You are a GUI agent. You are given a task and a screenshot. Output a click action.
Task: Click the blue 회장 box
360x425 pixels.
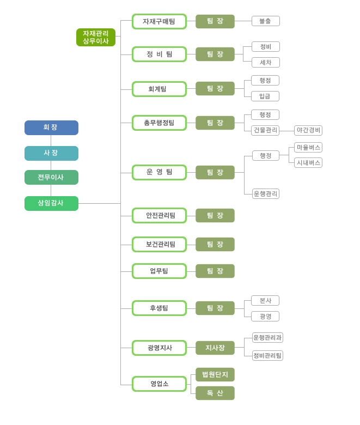pos(51,127)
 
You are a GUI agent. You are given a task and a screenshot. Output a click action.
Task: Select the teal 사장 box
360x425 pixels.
pos(51,153)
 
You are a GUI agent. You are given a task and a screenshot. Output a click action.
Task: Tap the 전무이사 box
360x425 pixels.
pos(51,177)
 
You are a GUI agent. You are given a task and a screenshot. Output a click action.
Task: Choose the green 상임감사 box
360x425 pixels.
pos(51,203)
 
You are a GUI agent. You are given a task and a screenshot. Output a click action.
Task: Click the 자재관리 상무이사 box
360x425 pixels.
pos(96,37)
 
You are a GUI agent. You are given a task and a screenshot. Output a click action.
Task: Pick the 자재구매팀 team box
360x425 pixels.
pos(159,21)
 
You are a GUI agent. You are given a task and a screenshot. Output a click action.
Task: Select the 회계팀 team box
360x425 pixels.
pos(159,89)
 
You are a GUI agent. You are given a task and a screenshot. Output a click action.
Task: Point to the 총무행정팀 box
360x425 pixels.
pos(159,123)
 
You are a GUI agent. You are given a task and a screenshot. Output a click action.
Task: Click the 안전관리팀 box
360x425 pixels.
pos(159,215)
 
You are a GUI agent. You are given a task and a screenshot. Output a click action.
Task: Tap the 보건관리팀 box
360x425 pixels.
pos(159,244)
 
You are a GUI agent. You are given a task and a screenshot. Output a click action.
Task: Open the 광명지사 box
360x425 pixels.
pos(159,348)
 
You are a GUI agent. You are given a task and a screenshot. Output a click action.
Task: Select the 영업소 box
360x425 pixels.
pos(159,384)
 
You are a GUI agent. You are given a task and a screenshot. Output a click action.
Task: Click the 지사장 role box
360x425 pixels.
pos(215,348)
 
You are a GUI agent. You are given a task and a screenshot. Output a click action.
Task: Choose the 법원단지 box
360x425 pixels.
pos(215,374)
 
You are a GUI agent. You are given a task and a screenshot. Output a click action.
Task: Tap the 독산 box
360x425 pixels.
pos(215,393)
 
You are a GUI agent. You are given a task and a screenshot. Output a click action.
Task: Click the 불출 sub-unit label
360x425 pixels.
pos(265,21)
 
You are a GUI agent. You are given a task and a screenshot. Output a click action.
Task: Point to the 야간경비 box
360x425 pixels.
pos(308,130)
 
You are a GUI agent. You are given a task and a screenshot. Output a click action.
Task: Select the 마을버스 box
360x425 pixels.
pos(308,147)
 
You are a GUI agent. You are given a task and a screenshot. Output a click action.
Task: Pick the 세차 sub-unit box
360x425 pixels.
pos(265,62)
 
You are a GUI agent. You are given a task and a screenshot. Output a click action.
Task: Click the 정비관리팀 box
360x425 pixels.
pos(267,355)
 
